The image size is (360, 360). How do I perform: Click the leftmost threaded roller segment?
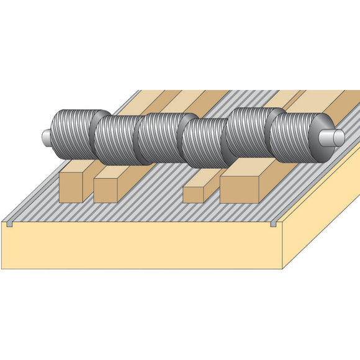(x=73, y=134)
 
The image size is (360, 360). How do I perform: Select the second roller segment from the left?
(x=117, y=140)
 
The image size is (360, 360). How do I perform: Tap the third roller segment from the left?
(x=160, y=140)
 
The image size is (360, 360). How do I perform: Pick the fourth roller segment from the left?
(x=204, y=142)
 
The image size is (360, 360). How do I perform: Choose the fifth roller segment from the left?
(x=248, y=133)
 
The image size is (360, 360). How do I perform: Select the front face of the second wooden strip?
(x=105, y=191)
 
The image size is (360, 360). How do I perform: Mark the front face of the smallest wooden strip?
(x=193, y=195)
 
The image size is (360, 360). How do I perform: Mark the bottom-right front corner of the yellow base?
(x=282, y=268)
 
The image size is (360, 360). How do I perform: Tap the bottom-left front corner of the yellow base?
(x=2, y=268)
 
